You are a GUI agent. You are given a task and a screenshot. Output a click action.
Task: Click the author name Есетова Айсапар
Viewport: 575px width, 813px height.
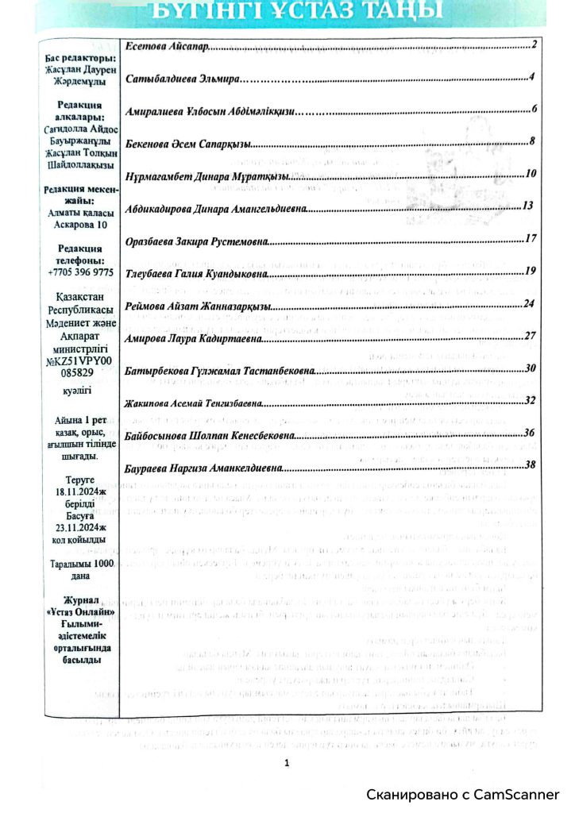click(168, 48)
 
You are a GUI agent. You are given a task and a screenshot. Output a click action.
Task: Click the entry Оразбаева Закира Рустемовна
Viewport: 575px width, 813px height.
click(199, 240)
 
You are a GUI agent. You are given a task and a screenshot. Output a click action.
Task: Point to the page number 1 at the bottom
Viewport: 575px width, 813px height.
click(287, 763)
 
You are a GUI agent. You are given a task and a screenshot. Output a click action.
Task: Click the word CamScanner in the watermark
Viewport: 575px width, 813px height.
click(519, 795)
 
